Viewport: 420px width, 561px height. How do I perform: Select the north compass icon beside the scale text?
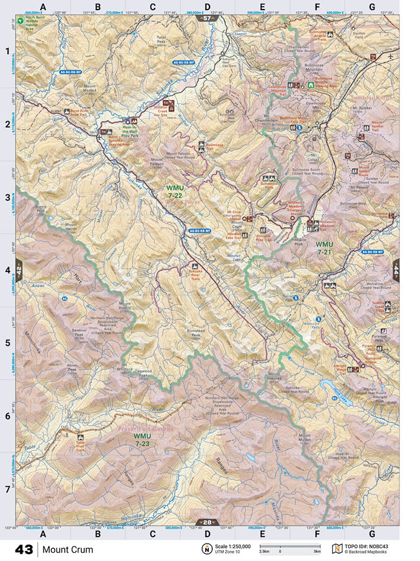[205, 549]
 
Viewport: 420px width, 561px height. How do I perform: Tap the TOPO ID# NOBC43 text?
[370, 546]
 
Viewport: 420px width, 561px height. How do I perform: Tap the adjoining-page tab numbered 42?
[19, 270]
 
